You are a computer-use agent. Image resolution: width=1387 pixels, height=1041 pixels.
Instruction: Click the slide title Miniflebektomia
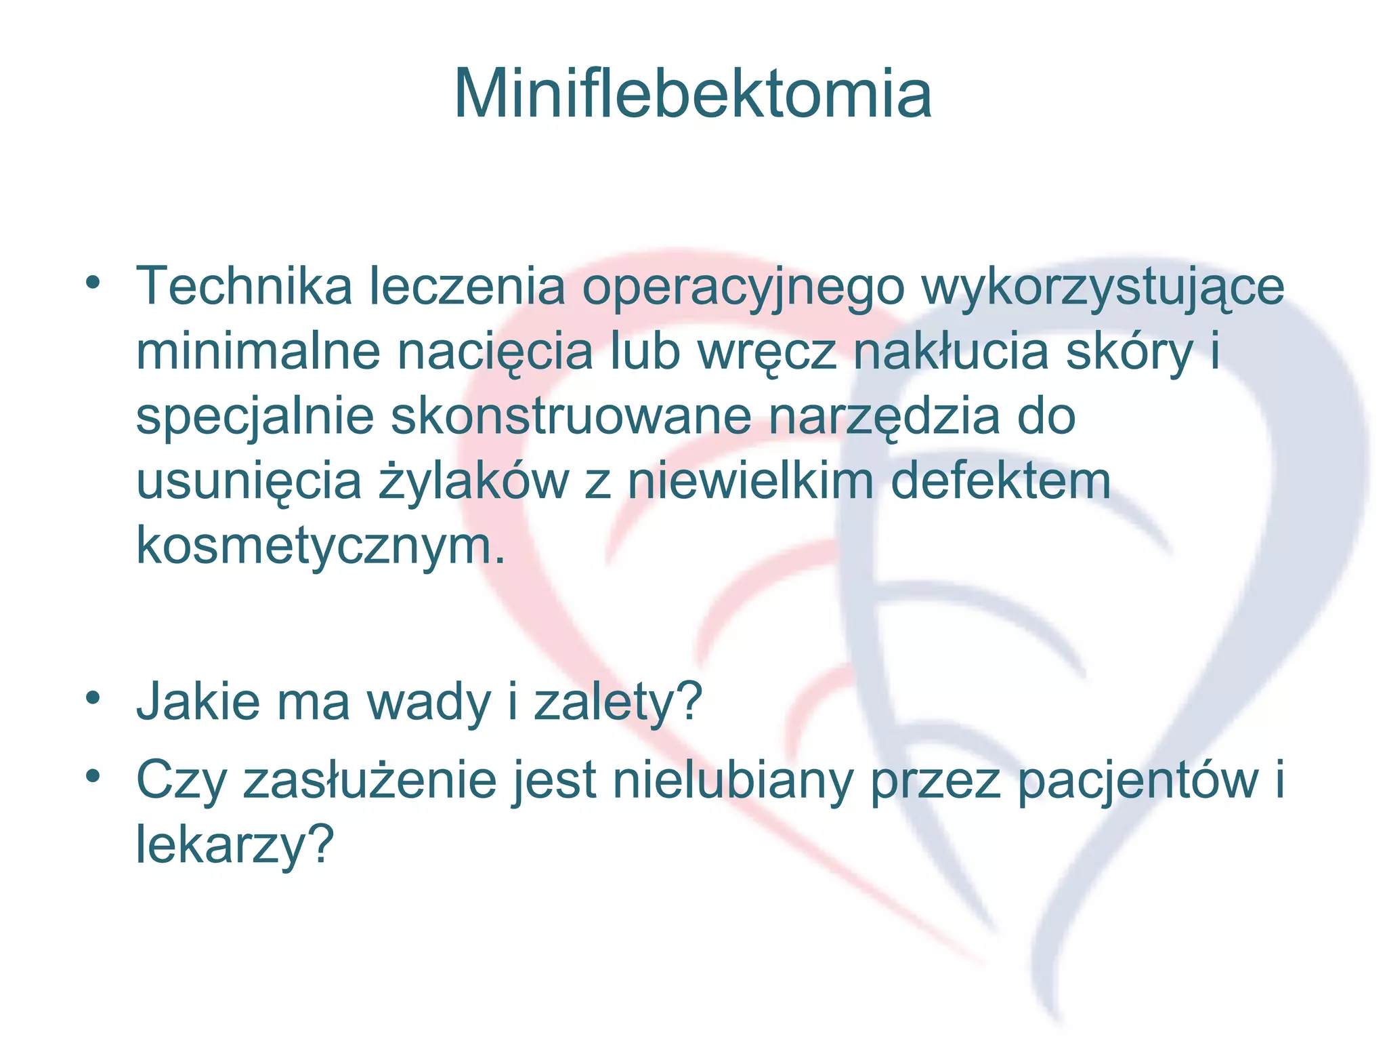coord(693,95)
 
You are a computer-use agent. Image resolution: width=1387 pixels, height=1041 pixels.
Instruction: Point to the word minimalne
coord(258,352)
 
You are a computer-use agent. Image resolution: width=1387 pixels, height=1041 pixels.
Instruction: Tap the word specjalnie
coord(255,417)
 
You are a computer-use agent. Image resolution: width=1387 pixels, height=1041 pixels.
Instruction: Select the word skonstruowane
coord(571,416)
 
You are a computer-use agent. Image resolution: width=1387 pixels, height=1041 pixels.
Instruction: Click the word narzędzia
coord(884,417)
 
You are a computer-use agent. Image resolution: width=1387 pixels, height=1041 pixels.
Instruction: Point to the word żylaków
coord(473,481)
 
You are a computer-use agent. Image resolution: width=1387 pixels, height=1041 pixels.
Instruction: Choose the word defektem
coord(1000,481)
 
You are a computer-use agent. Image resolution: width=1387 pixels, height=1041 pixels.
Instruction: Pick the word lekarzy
coord(235,846)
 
